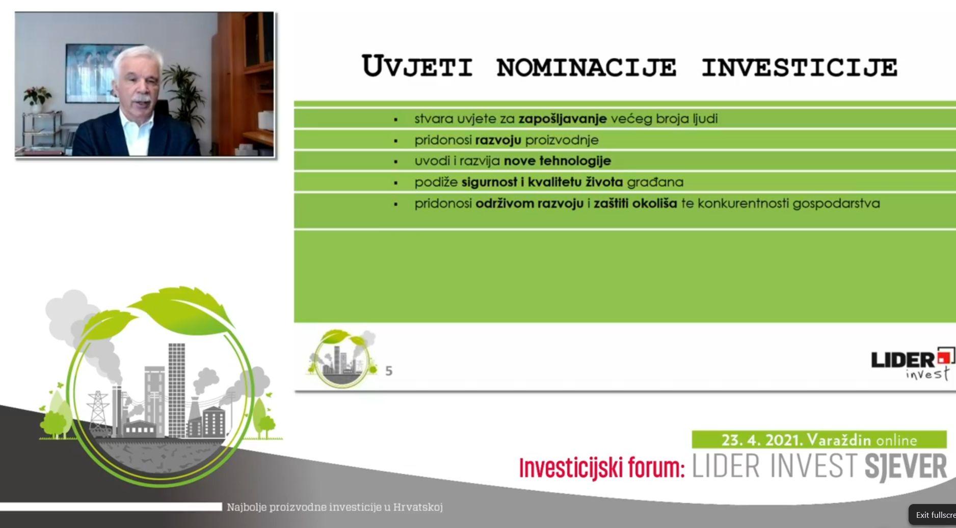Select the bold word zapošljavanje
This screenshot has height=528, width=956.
pos(563,119)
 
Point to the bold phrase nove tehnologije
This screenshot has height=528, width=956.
pos(557,161)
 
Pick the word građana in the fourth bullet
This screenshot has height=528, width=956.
pos(655,182)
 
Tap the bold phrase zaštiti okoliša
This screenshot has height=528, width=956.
pos(635,203)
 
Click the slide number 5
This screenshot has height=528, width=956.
pos(389,371)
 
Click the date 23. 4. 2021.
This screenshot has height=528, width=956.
pos(762,439)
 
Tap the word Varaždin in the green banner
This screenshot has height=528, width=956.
pos(839,439)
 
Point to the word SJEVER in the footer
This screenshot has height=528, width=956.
pos(906,466)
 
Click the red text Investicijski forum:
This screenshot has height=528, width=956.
pos(602,468)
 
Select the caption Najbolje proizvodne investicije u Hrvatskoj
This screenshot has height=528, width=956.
pos(334,507)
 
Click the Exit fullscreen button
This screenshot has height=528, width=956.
pos(932,515)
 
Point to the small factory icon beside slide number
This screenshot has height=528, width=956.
pos(342,359)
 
